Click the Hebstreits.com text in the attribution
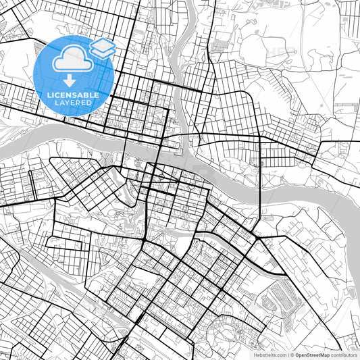pyautogui.click(x=269, y=354)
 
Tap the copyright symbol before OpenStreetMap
pyautogui.click(x=291, y=354)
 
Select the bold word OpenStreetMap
pyautogui.click(x=312, y=354)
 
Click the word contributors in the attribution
pyautogui.click(x=344, y=354)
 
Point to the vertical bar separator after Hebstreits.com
pyautogui.click(x=287, y=354)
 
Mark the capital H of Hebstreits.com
pyautogui.click(x=255, y=354)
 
